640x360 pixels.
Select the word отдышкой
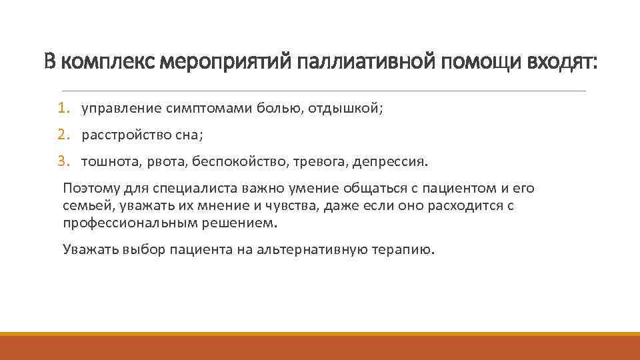click(347, 109)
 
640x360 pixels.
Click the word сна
click(189, 135)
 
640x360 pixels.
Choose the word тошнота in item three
click(107, 162)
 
